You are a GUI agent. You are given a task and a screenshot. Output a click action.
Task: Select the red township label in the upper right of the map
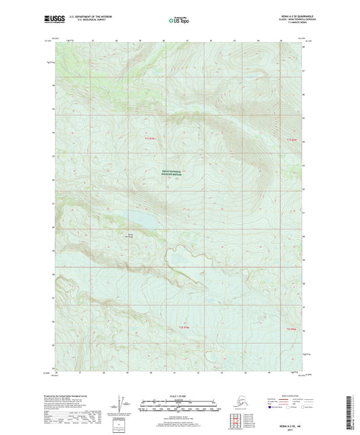pyautogui.click(x=291, y=139)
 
